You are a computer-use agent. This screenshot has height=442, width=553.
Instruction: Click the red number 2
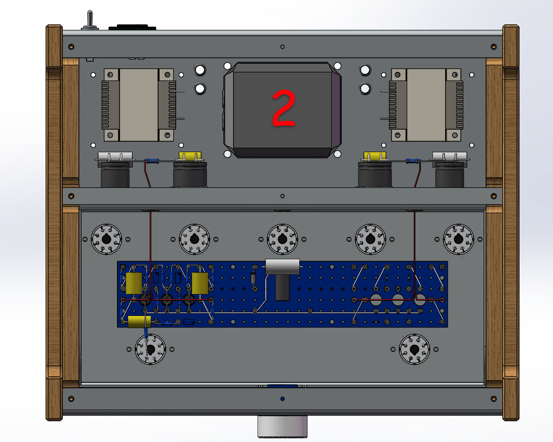click(x=284, y=107)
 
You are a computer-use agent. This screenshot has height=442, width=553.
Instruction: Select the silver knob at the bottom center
click(x=282, y=426)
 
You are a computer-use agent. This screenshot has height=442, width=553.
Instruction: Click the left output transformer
click(x=139, y=105)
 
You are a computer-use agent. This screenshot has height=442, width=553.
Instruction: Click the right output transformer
click(x=426, y=105)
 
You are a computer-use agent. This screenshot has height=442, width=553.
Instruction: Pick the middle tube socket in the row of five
click(x=282, y=239)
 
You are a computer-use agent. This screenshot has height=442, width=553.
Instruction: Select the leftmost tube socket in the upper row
click(x=106, y=239)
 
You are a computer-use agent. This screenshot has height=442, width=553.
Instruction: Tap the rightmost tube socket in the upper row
click(x=458, y=239)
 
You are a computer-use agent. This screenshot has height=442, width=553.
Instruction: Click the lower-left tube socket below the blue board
click(x=150, y=349)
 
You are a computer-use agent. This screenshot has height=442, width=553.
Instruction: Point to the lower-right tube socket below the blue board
click(x=414, y=349)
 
